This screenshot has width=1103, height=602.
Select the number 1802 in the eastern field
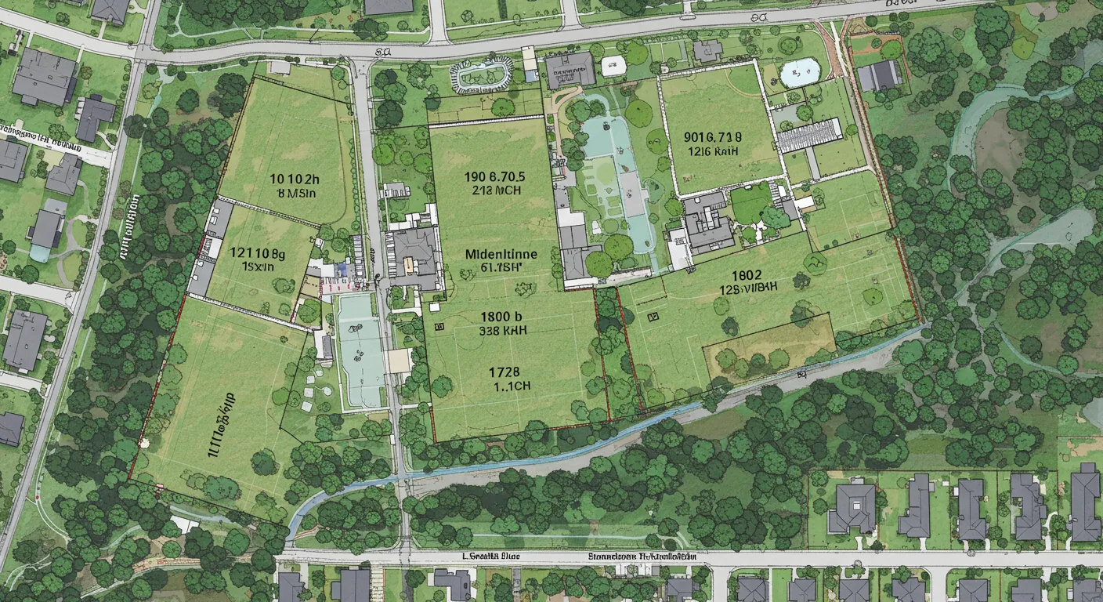coord(747,275)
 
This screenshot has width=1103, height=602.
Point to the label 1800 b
coord(502,317)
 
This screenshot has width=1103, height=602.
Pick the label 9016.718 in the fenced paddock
coord(712,136)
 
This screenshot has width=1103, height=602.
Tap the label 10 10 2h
coord(295,177)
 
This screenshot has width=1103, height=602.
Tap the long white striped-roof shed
coord(809,135)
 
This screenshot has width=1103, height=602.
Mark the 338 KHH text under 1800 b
coord(502,331)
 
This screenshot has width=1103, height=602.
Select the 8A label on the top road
coord(383,52)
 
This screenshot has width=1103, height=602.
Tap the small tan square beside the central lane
coord(399,361)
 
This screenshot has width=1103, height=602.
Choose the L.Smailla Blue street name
coord(491,556)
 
